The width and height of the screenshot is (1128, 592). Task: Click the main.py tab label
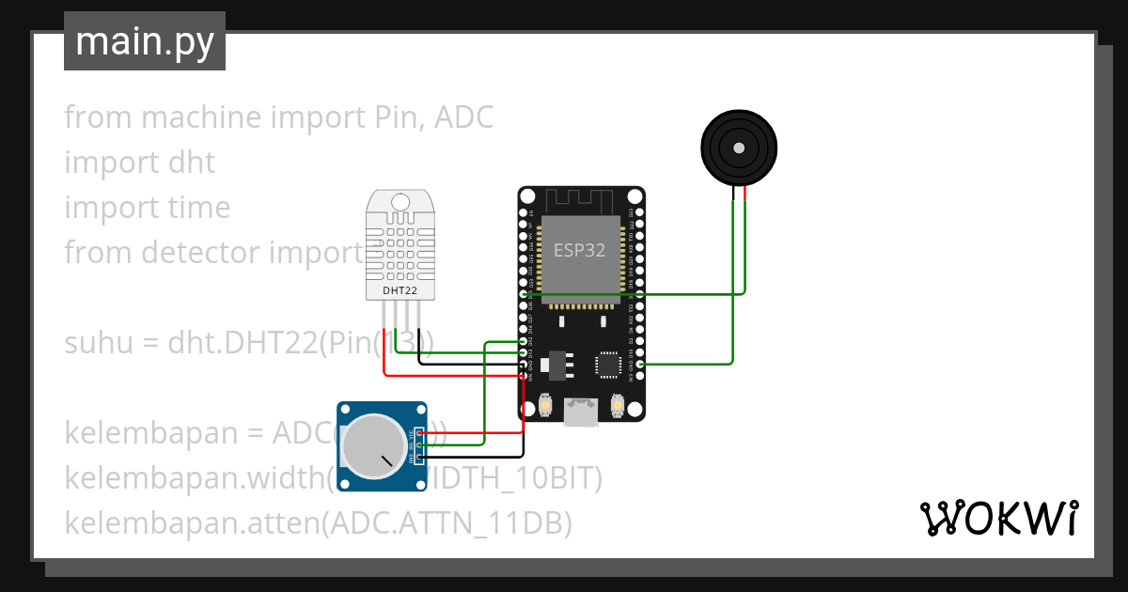click(145, 41)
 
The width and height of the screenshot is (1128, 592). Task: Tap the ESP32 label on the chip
click(579, 250)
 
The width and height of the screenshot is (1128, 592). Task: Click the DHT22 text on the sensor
click(400, 290)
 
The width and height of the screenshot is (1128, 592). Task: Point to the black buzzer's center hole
click(739, 148)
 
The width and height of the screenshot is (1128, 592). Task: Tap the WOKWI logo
click(999, 518)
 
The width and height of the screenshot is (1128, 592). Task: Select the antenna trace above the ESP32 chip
click(580, 199)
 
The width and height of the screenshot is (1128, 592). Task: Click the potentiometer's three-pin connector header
click(417, 445)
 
